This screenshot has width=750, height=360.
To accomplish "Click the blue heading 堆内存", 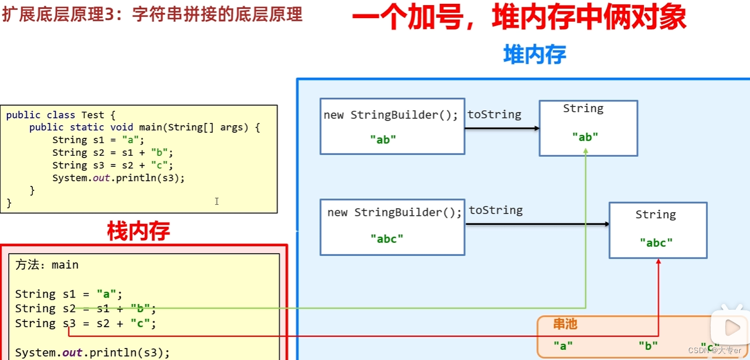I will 534,55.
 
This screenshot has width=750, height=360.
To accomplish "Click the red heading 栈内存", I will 138,231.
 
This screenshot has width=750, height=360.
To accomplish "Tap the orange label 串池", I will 565,324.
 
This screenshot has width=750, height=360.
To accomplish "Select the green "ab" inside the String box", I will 585,137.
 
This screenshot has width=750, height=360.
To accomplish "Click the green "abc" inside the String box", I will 656,243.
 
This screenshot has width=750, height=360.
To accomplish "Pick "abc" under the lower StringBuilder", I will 387,238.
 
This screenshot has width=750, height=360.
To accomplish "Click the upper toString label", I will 494,115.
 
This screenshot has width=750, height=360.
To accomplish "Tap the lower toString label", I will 496,211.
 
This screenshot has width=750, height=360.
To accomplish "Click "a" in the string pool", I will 563,346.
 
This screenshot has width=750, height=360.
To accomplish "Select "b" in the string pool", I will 648,346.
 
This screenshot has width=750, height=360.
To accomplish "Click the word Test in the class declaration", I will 92,115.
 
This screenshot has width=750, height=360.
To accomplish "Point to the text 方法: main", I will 47,265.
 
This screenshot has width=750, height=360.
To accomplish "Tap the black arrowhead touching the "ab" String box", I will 536,128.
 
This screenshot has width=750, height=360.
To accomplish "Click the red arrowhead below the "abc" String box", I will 658,262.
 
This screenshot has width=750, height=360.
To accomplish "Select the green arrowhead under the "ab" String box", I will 586,151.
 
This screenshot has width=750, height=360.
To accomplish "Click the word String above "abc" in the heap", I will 655,215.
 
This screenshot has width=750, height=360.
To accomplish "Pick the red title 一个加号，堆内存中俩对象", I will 519,18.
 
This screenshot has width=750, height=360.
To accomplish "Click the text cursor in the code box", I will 216,201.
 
